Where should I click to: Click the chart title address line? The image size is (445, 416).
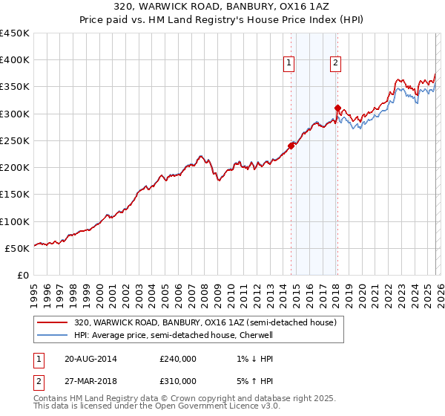[222, 7]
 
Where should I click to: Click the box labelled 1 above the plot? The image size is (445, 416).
[288, 64]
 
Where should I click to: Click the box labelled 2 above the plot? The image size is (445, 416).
[335, 64]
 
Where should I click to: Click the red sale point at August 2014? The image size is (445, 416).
[291, 146]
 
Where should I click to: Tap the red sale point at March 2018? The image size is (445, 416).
[337, 108]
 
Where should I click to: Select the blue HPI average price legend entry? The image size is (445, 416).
[174, 335]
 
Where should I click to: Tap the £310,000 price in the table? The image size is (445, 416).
[178, 380]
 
